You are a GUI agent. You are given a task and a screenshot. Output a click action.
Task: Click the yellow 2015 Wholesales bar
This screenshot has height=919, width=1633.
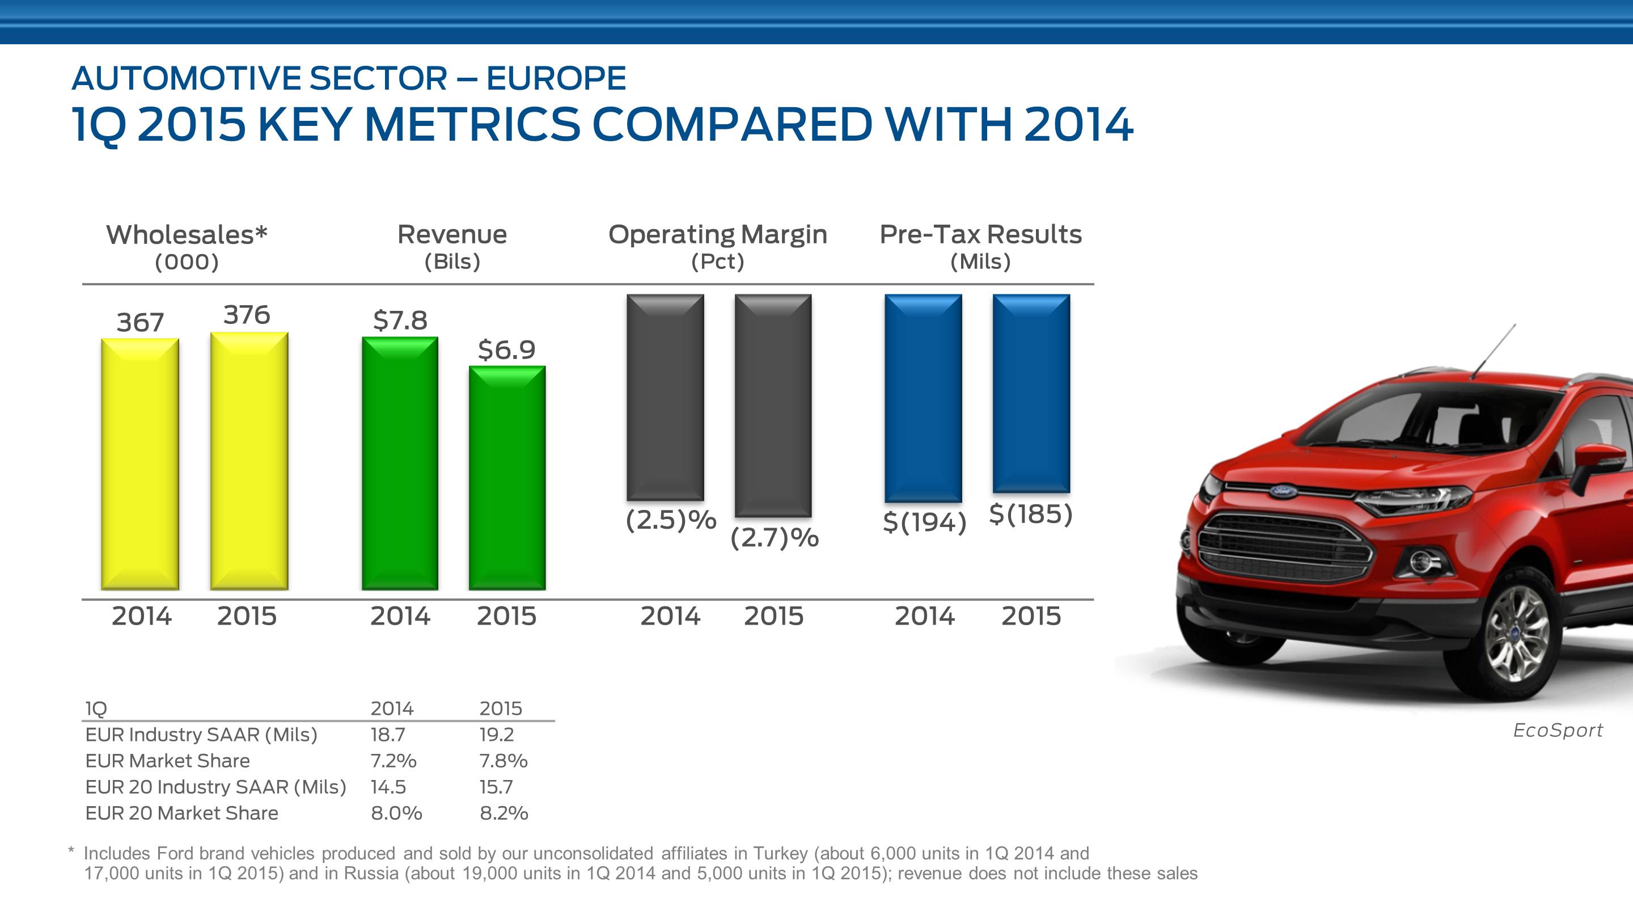coord(249,461)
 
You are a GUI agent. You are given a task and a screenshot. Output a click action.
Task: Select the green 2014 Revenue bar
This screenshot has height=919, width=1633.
coord(399,463)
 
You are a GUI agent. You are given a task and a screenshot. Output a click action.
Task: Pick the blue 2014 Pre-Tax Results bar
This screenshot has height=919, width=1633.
coord(923,398)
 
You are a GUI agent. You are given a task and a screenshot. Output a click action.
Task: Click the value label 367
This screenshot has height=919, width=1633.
coord(140,322)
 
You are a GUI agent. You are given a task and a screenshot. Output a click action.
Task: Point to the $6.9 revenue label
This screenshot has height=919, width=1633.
coord(506,349)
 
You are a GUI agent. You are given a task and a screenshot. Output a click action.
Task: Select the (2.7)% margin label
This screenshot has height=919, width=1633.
coord(774,538)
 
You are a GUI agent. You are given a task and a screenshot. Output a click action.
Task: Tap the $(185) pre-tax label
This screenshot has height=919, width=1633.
coord(1031,514)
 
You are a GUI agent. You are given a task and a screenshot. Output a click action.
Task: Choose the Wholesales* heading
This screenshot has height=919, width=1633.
coord(187,235)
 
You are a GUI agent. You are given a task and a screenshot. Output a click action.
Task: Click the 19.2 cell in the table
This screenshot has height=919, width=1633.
coord(496,735)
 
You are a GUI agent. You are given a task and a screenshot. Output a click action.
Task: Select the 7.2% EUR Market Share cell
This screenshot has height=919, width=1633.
coord(393,760)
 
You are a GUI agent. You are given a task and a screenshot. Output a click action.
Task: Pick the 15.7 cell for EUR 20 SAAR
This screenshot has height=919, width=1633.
coord(496,787)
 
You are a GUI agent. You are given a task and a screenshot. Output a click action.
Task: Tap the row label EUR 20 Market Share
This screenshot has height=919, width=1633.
coord(181,813)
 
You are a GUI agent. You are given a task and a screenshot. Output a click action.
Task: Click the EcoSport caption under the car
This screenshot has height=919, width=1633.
coord(1558,730)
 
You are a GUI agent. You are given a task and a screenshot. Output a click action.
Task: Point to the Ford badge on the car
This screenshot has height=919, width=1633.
coord(1281,490)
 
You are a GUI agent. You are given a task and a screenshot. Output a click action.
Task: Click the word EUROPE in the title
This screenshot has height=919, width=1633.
coord(556,79)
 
